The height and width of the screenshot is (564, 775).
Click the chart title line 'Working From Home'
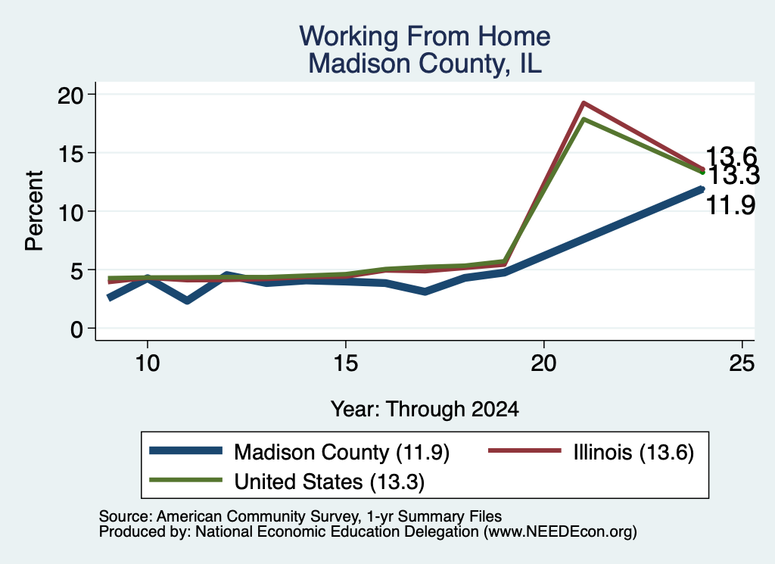425,36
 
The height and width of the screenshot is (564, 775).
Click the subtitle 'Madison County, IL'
425,64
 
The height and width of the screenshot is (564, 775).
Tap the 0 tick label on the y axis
77,329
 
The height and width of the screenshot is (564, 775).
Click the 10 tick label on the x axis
148,363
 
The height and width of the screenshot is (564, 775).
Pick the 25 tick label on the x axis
742,363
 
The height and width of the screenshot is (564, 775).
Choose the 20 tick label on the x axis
543,363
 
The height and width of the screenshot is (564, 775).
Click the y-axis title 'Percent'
34,211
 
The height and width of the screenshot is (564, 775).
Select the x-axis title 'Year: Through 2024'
425,410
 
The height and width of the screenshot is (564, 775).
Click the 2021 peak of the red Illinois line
584,103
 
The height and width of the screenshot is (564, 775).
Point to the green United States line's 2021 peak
584,119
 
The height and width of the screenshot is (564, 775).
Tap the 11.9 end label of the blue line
730,205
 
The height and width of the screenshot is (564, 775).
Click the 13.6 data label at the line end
731,157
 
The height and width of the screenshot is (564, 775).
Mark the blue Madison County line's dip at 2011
187,301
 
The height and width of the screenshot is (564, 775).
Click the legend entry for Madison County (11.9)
300,452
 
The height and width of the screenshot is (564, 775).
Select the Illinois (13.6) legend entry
591,452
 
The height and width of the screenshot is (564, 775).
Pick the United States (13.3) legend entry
287,481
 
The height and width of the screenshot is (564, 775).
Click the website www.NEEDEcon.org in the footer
560,532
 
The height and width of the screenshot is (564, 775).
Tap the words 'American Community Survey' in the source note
258,516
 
